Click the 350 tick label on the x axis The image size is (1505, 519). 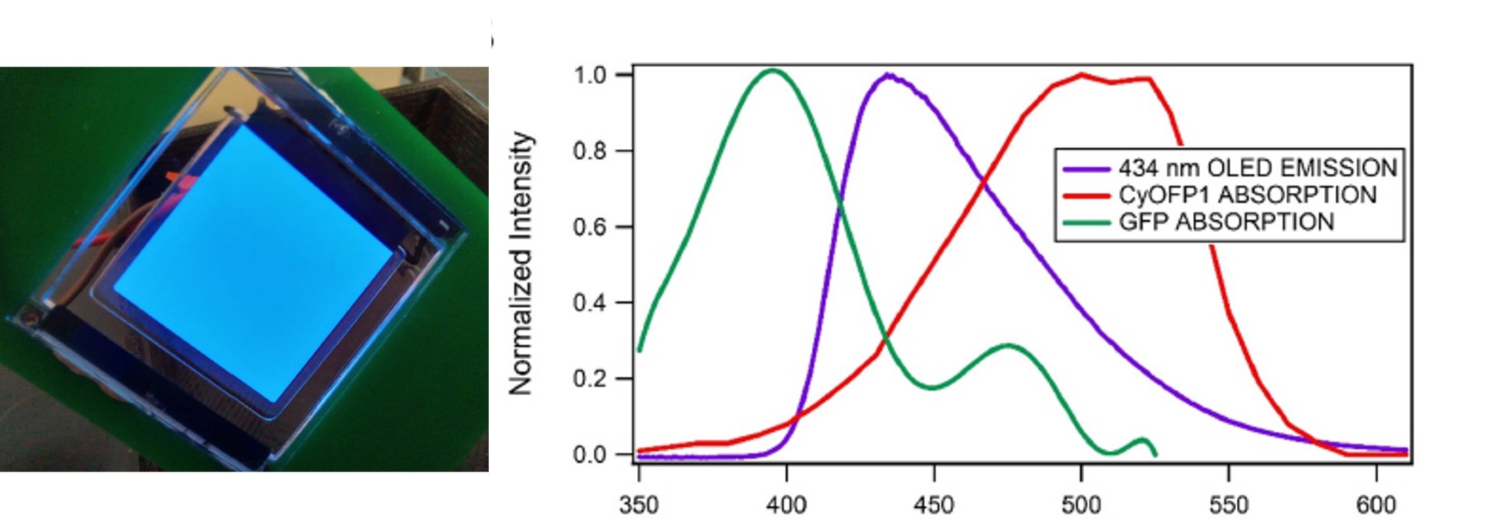pyautogui.click(x=639, y=504)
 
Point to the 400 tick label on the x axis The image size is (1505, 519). pyautogui.click(x=786, y=504)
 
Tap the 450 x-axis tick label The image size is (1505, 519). pyautogui.click(x=934, y=504)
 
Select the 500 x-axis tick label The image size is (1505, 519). pyautogui.click(x=1081, y=504)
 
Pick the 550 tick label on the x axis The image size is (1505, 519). pyautogui.click(x=1228, y=504)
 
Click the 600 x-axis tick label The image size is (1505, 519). pyautogui.click(x=1376, y=504)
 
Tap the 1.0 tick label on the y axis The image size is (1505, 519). pyautogui.click(x=590, y=75)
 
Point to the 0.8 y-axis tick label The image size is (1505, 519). pyautogui.click(x=590, y=151)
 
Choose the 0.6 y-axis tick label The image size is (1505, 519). pyautogui.click(x=590, y=227)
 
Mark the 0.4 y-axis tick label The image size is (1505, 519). pyautogui.click(x=590, y=303)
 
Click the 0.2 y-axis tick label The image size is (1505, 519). pyautogui.click(x=590, y=379)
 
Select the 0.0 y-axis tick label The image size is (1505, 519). pyautogui.click(x=590, y=455)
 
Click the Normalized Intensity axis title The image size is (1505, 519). pyautogui.click(x=521, y=263)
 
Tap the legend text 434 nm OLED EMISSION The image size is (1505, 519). pyautogui.click(x=1257, y=168)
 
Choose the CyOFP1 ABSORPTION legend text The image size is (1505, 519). pyautogui.click(x=1247, y=194)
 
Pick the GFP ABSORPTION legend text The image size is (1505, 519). pyautogui.click(x=1226, y=222)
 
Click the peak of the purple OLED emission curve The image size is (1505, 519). pyautogui.click(x=888, y=75)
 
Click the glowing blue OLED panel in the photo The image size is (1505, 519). pyautogui.click(x=255, y=263)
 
